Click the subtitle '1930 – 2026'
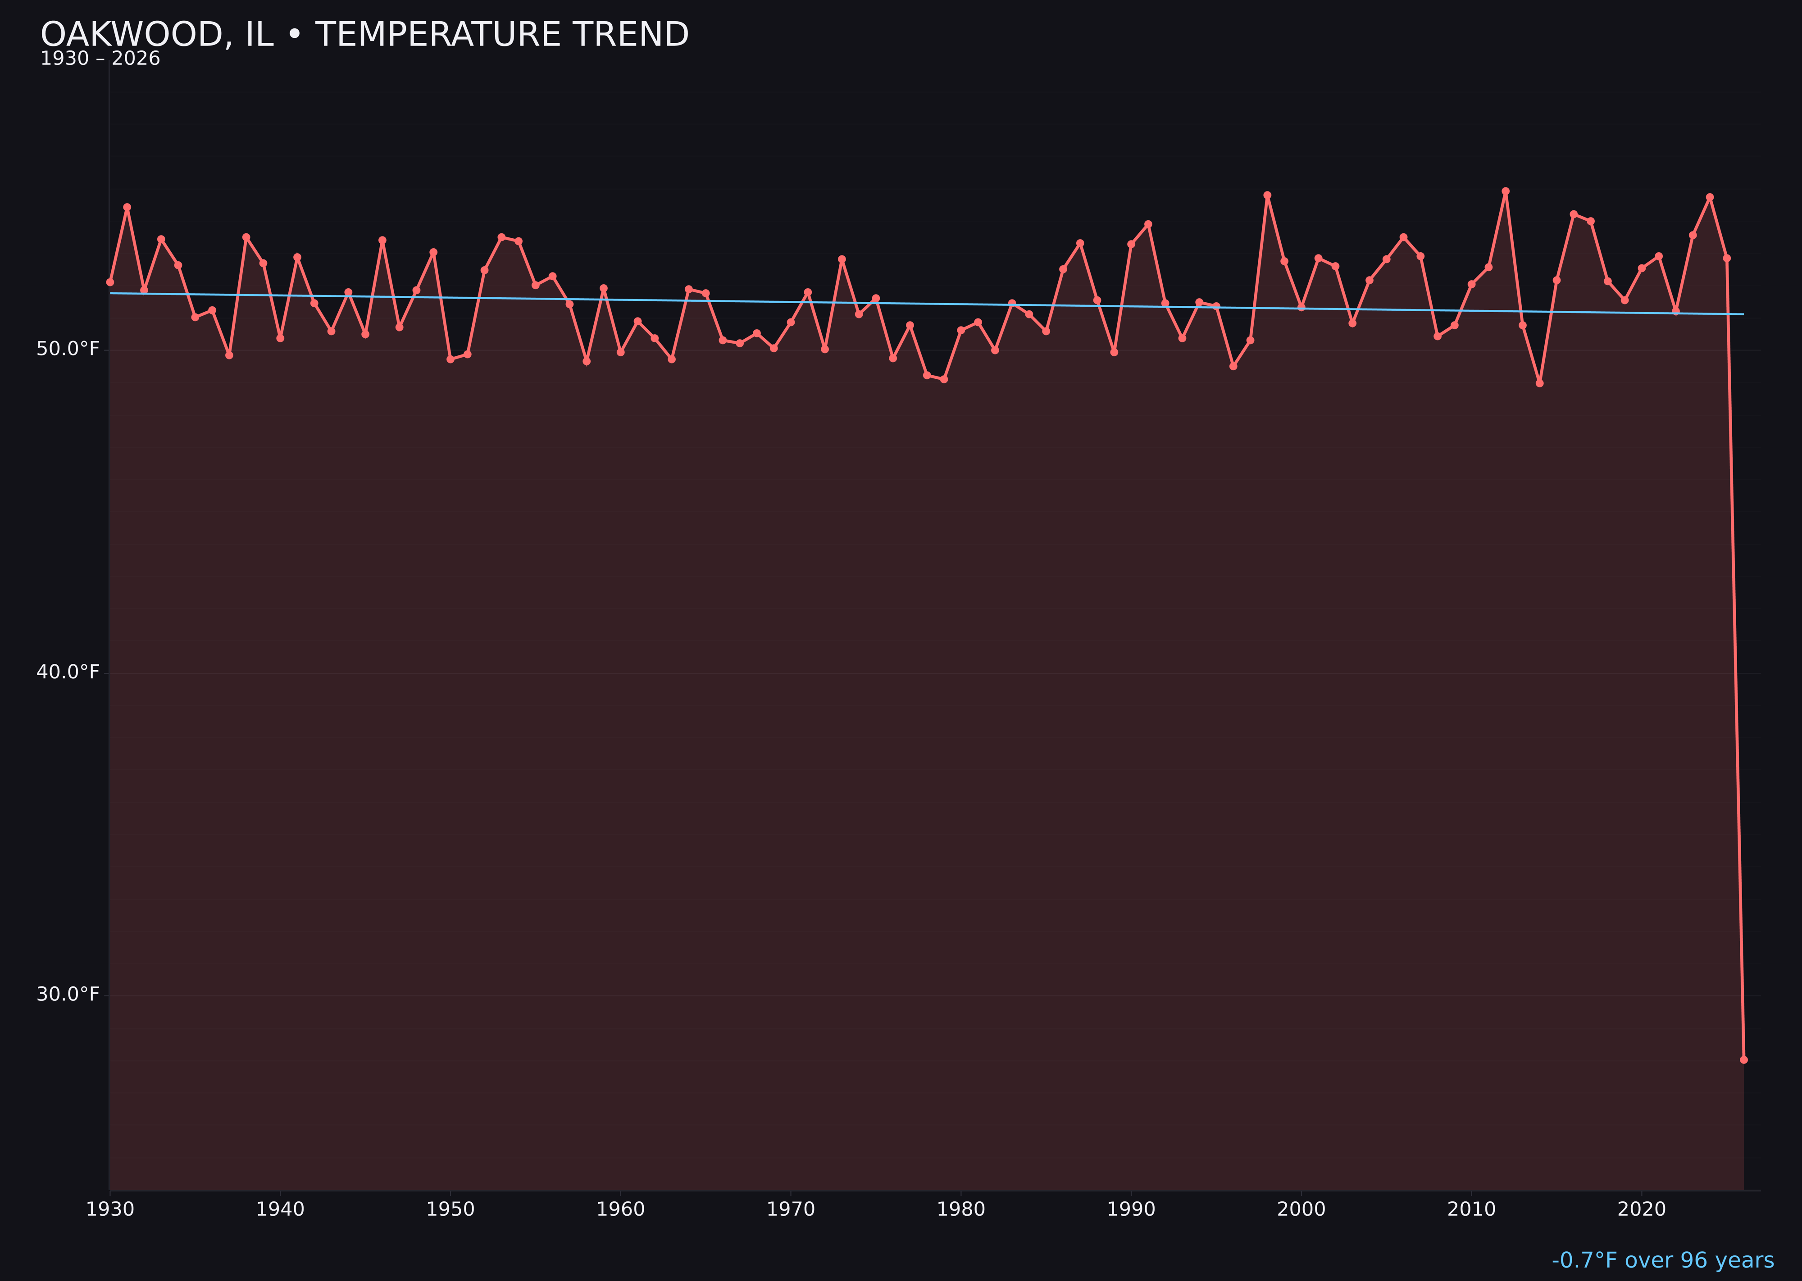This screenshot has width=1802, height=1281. (x=100, y=59)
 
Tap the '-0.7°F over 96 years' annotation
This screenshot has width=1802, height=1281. (x=1662, y=1260)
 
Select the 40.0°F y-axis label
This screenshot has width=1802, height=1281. (x=68, y=672)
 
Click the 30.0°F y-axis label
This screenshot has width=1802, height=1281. (x=68, y=994)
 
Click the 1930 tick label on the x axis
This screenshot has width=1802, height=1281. (x=110, y=1209)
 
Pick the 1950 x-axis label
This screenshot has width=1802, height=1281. (x=450, y=1209)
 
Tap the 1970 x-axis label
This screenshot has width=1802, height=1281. (x=791, y=1209)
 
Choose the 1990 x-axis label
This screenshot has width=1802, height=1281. (x=1131, y=1209)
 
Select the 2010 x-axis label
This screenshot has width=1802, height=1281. (x=1471, y=1209)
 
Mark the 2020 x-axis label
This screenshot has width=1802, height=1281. (x=1642, y=1209)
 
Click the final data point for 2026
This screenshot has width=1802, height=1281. (x=1743, y=1059)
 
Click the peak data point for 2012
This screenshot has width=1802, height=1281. (x=1506, y=191)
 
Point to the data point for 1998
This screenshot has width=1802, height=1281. (x=1267, y=195)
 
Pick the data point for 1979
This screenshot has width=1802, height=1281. (x=944, y=379)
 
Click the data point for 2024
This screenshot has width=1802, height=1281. (x=1710, y=197)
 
